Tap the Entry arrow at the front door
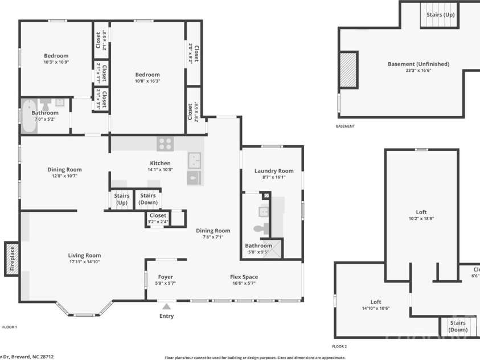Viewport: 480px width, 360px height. pos(166,308)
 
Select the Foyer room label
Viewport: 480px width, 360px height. pos(166,277)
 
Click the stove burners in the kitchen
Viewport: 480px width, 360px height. pos(166,144)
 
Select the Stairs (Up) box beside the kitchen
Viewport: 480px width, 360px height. pos(121,199)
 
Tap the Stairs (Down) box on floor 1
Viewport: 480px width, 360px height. pos(148,199)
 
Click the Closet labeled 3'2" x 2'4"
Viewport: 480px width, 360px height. pos(158,218)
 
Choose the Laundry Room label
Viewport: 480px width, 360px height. pos(274,170)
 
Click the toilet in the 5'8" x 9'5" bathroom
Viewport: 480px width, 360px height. pos(260,229)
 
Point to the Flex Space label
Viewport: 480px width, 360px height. pos(244,277)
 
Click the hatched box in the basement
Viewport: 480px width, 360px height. pos(348,69)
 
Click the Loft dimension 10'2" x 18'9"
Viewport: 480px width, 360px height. pos(421,218)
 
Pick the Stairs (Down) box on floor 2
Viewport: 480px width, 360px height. pos(457,326)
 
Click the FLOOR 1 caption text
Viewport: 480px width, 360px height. pos(10,327)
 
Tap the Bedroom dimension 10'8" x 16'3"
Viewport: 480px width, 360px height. pos(147,81)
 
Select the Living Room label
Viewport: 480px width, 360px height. pos(84,256)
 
